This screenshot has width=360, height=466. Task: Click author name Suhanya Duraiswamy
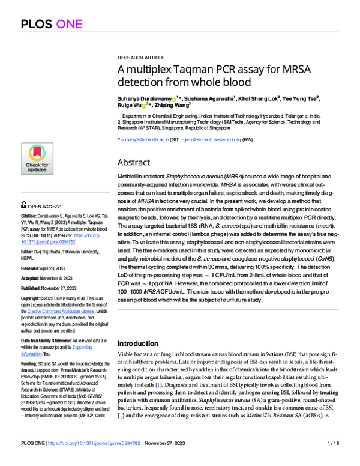(143, 98)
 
